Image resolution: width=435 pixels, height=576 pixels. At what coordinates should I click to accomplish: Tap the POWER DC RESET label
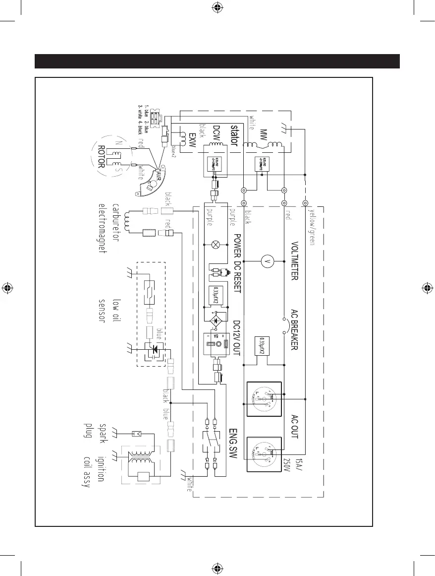pos(237,263)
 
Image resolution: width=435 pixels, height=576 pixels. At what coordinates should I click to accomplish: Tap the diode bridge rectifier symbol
pos(216,320)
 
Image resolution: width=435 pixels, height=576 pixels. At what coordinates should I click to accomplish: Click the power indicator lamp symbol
pos(216,245)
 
